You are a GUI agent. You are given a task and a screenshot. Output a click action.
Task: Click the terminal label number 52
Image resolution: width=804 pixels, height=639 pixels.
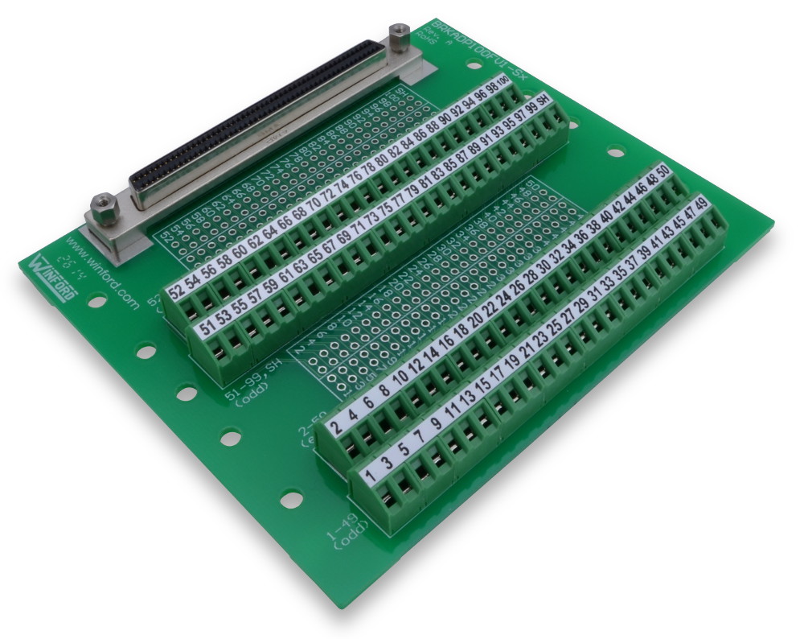pos(174,290)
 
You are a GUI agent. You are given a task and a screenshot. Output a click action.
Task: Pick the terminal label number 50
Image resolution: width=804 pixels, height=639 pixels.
pos(663,171)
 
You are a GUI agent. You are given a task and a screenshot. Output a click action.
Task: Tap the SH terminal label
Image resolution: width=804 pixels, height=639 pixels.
pos(544,101)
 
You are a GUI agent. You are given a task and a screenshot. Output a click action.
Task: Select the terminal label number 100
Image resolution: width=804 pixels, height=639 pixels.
pos(503,83)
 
